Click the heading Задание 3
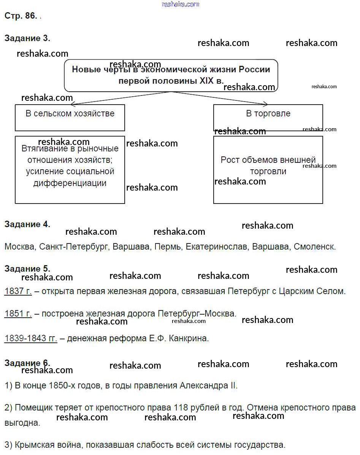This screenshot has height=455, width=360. [x=27, y=38]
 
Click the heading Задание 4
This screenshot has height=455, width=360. [x=27, y=224]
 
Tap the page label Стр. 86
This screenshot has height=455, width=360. [x=21, y=16]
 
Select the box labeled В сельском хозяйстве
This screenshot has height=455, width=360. [x=70, y=118]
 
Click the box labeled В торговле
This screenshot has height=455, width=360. [x=268, y=118]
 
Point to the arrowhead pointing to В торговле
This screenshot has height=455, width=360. [x=266, y=104]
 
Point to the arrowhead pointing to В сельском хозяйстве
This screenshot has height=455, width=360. [x=73, y=104]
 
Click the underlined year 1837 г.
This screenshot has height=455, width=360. [x=18, y=291]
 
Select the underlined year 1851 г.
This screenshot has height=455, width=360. [x=18, y=314]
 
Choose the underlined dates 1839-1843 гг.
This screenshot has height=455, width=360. [x=31, y=338]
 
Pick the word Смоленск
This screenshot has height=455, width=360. [x=315, y=247]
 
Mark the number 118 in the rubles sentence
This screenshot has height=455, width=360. [x=181, y=407]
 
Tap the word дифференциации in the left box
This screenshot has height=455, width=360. [x=70, y=183]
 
